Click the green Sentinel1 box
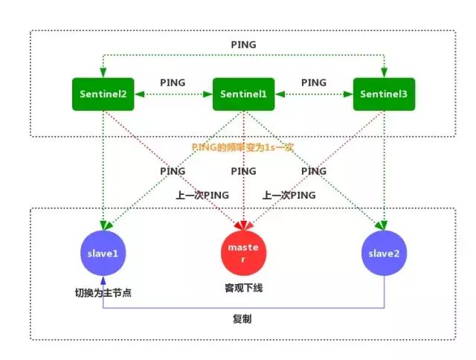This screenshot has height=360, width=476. point(244,94)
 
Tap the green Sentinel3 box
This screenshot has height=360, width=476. point(383,94)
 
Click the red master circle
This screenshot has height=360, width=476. point(244,252)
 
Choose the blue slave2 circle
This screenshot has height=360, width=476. point(384,253)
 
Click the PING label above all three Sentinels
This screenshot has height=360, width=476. point(243,45)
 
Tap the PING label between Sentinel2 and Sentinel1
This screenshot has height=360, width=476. point(173,82)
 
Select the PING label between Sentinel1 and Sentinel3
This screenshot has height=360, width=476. point(312,82)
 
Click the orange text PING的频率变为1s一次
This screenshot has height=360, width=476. point(243,147)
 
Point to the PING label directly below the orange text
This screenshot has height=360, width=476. point(243,171)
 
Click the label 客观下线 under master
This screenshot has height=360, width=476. point(244,286)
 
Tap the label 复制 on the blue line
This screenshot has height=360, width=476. point(243,318)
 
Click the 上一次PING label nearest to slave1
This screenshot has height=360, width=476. point(202,195)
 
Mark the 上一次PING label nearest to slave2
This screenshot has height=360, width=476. point(289,195)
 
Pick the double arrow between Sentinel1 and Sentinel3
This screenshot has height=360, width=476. point(314,95)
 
